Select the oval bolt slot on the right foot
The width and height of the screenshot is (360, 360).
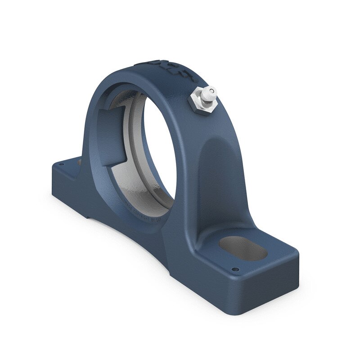(x=243, y=248)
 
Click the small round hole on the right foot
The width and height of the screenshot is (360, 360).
(x=234, y=270)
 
